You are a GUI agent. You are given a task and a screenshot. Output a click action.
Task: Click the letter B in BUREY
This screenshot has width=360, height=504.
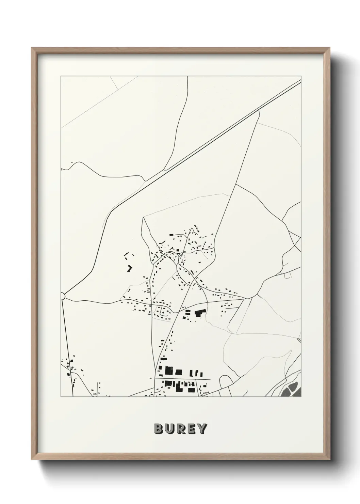159,428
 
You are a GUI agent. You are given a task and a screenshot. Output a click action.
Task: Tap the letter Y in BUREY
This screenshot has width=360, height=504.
201,428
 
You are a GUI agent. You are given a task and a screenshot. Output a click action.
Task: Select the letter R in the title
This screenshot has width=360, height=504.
180,428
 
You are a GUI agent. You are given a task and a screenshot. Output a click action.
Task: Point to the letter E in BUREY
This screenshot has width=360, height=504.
191,428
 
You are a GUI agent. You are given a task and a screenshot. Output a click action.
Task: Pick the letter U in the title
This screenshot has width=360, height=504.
169,428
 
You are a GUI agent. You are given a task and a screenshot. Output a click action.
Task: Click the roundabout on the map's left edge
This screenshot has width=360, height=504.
62,296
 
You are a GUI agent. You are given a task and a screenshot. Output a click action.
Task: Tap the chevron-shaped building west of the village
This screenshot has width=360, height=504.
129,268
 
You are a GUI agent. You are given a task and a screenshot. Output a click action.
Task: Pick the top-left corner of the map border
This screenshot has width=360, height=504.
61,76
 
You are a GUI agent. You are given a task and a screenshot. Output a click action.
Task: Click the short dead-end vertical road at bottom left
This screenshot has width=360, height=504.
99,388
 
